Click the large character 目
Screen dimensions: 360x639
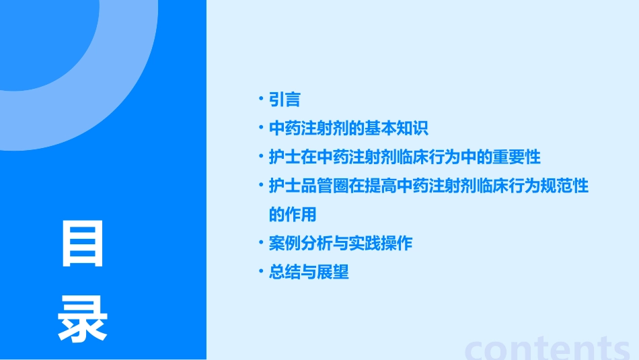tap(83, 244)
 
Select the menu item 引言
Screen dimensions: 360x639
tap(285, 100)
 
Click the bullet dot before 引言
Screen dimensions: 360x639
tap(260, 100)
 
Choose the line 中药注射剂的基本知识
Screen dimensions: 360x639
tap(348, 129)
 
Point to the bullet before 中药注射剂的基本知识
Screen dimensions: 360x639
tap(260, 129)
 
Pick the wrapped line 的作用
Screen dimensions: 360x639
tap(293, 215)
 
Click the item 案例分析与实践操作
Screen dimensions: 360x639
tap(340, 244)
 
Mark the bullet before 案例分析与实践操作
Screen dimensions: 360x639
tap(260, 244)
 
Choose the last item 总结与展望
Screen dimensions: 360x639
tap(309, 273)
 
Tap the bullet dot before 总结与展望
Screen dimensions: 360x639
tap(260, 273)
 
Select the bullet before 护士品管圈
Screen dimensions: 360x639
tap(260, 186)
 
